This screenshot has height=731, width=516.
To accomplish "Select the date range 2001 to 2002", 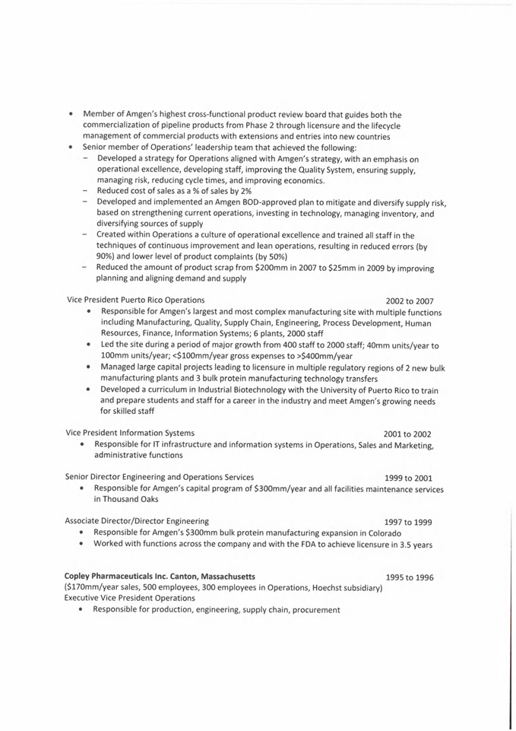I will tap(407, 434).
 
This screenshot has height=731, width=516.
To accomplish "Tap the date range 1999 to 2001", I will tap(408, 478).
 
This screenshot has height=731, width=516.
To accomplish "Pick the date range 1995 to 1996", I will tap(409, 577).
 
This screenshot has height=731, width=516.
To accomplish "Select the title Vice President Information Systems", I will tap(130, 433).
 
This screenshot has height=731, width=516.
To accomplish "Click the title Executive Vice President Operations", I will tap(130, 598).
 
